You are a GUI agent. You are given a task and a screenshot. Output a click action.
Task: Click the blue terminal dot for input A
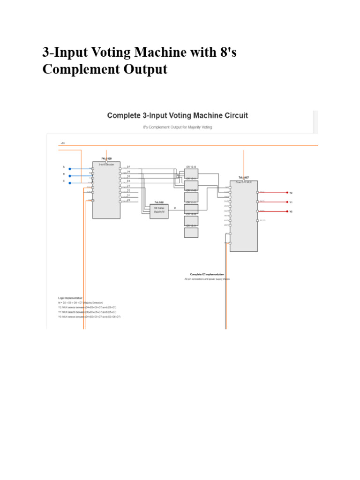[70, 169]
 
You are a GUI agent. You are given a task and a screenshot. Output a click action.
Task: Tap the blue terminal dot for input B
[70, 176]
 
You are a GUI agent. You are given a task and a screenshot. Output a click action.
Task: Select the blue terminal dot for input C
[70, 183]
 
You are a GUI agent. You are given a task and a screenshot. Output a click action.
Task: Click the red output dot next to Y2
[287, 192]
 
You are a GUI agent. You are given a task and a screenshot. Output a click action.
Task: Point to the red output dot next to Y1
[287, 202]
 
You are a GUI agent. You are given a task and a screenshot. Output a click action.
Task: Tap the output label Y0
[291, 211]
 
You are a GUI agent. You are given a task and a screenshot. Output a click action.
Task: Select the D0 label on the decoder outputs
[128, 200]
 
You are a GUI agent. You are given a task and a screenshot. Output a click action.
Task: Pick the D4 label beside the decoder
[128, 181]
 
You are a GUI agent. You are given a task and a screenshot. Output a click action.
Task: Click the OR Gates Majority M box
[159, 211]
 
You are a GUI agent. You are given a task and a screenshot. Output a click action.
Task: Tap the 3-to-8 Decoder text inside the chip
[106, 165]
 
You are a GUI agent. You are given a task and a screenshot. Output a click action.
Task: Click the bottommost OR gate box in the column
[191, 232]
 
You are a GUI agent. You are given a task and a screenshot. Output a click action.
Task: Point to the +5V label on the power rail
[63, 142]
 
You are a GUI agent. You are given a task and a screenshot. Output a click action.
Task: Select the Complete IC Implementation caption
[207, 274]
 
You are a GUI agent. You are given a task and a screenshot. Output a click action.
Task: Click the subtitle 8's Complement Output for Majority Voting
[177, 127]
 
